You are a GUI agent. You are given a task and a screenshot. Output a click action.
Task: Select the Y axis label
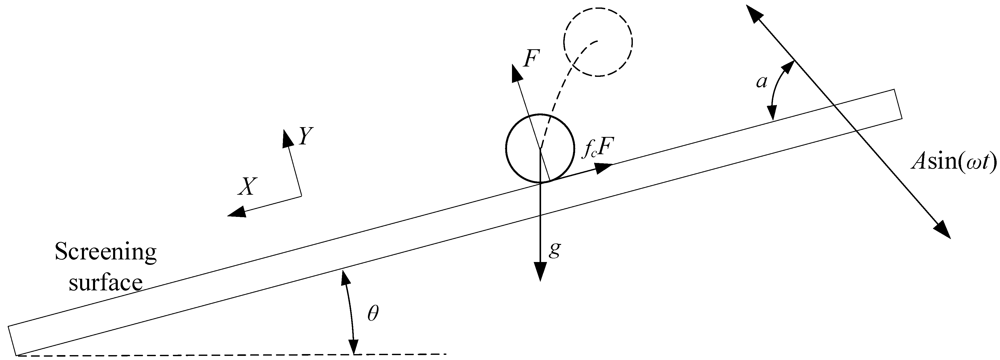pyautogui.click(x=306, y=136)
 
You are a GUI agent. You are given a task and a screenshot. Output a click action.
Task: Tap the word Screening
pyautogui.click(x=106, y=253)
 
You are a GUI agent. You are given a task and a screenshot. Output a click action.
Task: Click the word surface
pyautogui.click(x=106, y=283)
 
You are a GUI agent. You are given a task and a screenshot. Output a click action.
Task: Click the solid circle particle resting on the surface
pyautogui.click(x=540, y=148)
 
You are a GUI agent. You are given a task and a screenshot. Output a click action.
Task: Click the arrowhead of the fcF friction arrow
pyautogui.click(x=604, y=167)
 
